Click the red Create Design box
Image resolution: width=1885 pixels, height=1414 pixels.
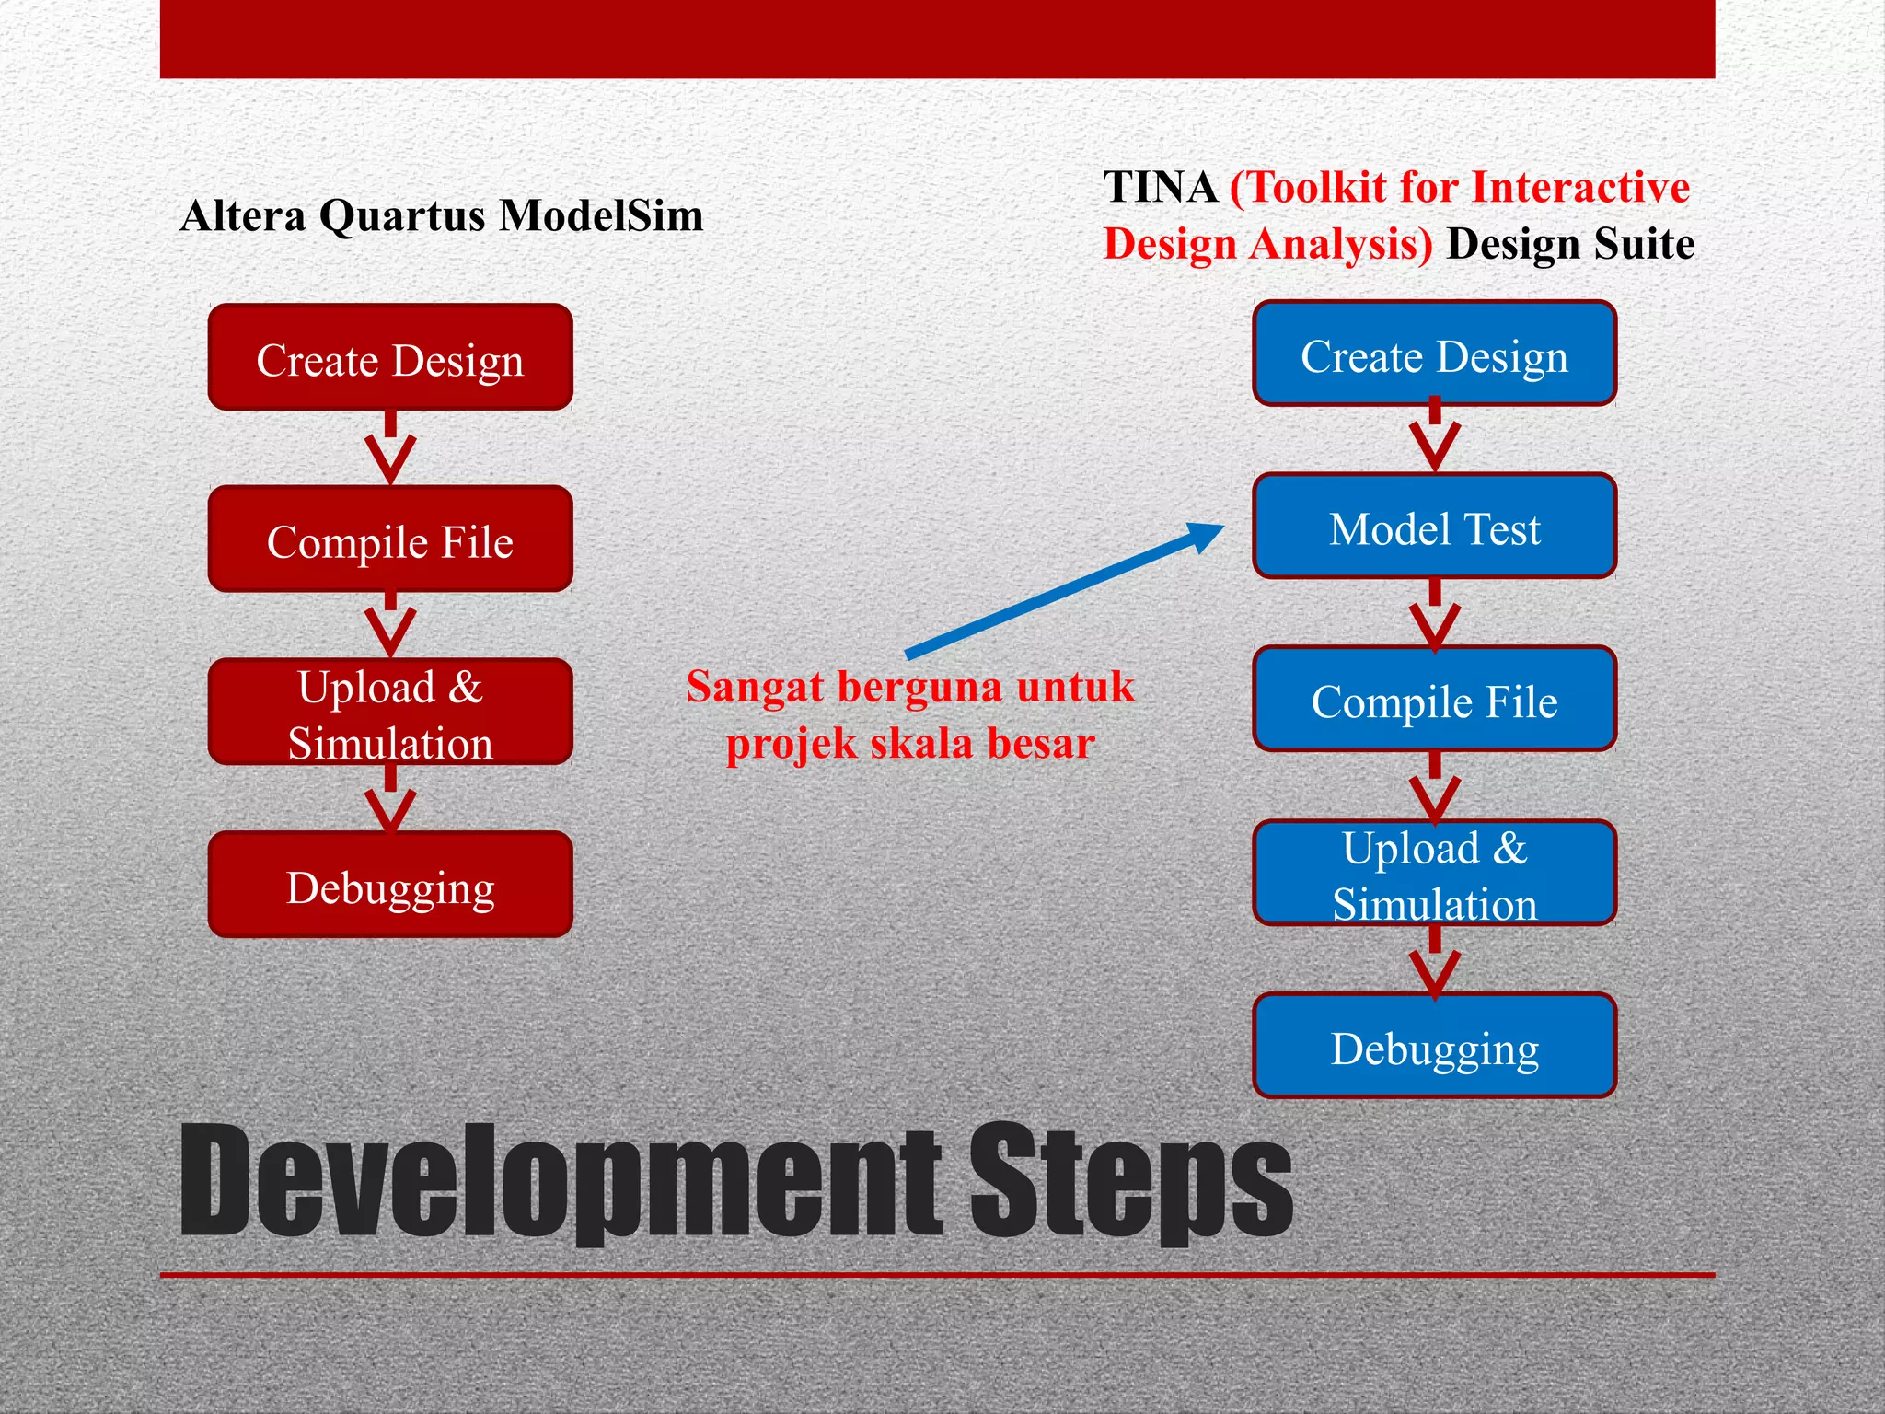(390, 357)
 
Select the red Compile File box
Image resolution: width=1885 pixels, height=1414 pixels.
(390, 539)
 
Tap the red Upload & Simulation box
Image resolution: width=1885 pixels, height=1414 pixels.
(390, 713)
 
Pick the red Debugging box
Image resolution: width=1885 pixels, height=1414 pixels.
(390, 886)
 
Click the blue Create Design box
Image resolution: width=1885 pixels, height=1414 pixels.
(1434, 354)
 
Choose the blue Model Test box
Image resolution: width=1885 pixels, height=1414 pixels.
(1434, 527)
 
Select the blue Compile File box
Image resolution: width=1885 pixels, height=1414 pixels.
(1434, 700)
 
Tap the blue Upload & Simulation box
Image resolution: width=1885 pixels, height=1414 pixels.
(1434, 874)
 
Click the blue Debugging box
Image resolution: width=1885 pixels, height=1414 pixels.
(1434, 1047)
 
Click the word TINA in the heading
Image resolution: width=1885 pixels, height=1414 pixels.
(1161, 187)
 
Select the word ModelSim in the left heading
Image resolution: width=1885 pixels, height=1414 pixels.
(601, 215)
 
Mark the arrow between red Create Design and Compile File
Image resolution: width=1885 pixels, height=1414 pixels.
(390, 448)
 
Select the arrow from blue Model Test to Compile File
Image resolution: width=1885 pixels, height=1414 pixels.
(1434, 614)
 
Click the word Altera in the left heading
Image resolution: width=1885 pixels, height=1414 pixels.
(243, 215)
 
